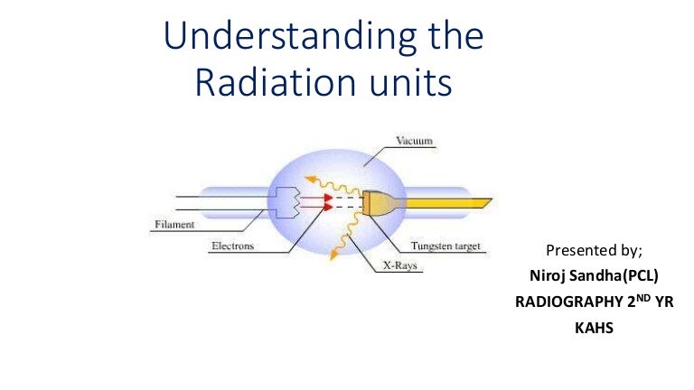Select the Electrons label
click(232, 245)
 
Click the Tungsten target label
click(447, 246)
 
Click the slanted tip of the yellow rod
click(487, 200)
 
